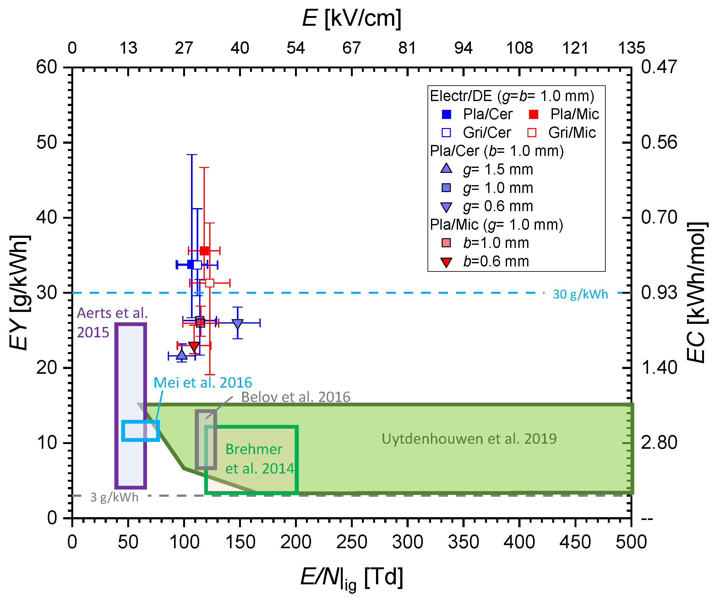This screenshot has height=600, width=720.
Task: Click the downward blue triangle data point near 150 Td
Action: (x=237, y=324)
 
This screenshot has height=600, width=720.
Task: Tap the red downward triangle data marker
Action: (x=194, y=346)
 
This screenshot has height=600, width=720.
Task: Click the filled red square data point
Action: (x=204, y=251)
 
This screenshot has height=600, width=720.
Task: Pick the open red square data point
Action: (x=210, y=283)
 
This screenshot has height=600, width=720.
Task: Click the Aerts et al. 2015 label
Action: (x=112, y=323)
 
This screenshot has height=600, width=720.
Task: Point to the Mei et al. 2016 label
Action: (x=203, y=383)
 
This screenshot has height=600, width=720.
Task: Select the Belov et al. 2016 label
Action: (x=296, y=397)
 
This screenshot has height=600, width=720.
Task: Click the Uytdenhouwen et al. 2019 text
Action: (x=469, y=439)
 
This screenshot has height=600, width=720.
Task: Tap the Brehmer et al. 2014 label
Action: (x=259, y=459)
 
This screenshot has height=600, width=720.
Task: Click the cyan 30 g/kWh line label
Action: (x=580, y=294)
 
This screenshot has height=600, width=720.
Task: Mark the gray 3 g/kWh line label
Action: (x=114, y=497)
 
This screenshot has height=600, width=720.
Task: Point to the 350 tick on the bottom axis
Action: (x=463, y=542)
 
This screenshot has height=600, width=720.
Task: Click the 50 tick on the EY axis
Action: (x=46, y=142)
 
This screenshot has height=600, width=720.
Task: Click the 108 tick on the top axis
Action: (x=520, y=48)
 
